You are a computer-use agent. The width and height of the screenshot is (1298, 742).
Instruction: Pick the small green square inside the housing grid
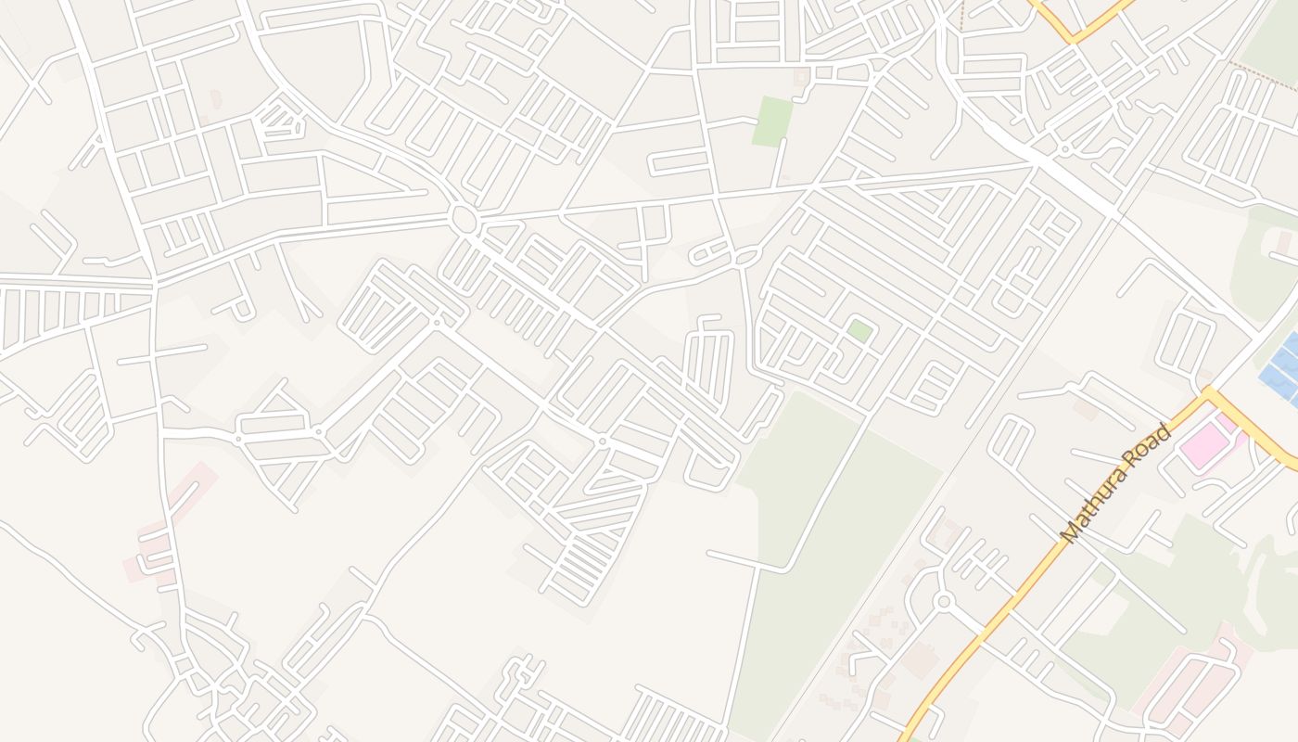[859, 330]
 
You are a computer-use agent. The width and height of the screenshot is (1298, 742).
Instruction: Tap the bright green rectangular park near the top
[772, 121]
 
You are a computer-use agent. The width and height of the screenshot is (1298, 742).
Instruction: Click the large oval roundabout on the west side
[464, 220]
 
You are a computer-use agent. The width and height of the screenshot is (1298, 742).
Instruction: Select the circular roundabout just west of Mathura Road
[944, 602]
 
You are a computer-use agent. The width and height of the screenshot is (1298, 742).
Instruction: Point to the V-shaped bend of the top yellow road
[1074, 39]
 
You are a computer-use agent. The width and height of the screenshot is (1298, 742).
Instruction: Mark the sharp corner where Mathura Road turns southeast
[1208, 393]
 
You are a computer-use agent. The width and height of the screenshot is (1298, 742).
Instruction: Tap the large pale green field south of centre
[816, 519]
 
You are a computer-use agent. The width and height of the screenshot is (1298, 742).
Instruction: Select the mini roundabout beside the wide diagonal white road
[1065, 148]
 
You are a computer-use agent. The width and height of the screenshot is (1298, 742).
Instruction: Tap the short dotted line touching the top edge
[961, 14]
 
